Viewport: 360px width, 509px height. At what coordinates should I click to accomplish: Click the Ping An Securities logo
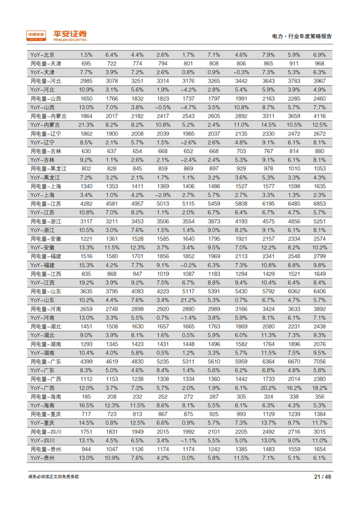[x=57, y=35]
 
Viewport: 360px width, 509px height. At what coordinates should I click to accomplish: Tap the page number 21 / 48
[x=322, y=477]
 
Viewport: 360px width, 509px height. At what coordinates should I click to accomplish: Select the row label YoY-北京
[x=42, y=55]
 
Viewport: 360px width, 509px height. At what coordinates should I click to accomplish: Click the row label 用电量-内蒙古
[x=46, y=115]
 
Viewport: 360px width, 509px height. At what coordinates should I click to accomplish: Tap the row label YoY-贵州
[x=42, y=457]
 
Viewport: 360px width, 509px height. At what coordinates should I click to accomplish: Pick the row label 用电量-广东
[x=44, y=362]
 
